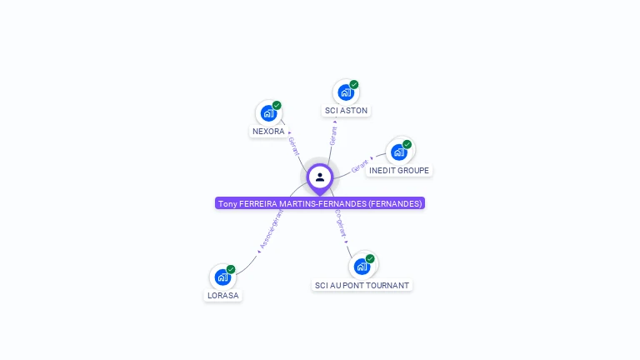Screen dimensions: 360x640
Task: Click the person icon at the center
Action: (x=320, y=177)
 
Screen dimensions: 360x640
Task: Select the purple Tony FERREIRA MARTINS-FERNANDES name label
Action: (x=320, y=203)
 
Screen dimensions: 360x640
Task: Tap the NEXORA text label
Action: (x=268, y=132)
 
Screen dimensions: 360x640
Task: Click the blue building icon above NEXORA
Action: (x=268, y=113)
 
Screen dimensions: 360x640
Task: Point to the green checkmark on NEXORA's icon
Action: (x=277, y=106)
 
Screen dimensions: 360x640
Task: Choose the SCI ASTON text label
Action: (x=346, y=111)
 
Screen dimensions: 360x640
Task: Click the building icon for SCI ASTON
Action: (x=346, y=92)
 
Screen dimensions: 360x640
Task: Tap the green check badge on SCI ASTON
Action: (x=354, y=85)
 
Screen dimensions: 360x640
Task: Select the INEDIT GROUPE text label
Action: (x=399, y=171)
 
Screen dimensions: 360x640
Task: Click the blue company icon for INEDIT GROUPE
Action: (x=399, y=152)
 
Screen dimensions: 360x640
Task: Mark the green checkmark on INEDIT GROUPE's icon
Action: (x=407, y=145)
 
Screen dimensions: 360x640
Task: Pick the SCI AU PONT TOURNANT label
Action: (x=362, y=285)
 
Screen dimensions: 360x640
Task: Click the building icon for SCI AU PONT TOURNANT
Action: (x=362, y=267)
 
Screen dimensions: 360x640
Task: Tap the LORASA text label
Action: (x=222, y=295)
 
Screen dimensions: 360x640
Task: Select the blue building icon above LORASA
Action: (x=222, y=277)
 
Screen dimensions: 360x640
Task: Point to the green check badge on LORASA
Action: (x=231, y=269)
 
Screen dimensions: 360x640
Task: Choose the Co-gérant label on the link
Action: (x=340, y=223)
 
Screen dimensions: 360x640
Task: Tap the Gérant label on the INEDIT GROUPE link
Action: (x=360, y=165)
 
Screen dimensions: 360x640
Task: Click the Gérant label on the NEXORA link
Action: (x=293, y=145)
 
